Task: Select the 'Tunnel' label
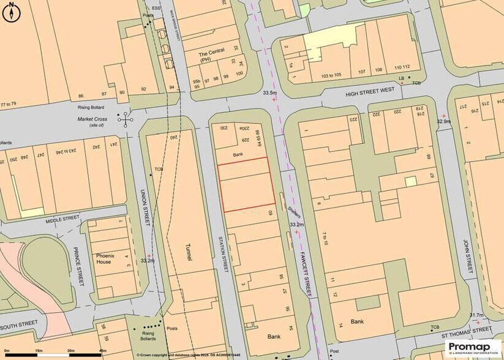[x=189, y=252]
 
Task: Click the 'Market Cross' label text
[x=92, y=119]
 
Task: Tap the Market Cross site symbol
[x=127, y=119]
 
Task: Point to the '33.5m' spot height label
[x=269, y=92]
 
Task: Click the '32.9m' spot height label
[x=443, y=121]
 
